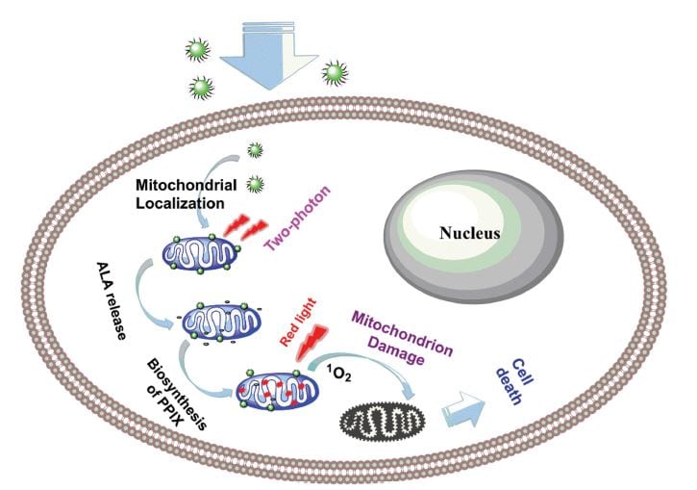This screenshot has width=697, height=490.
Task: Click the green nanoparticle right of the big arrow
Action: (334, 71)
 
